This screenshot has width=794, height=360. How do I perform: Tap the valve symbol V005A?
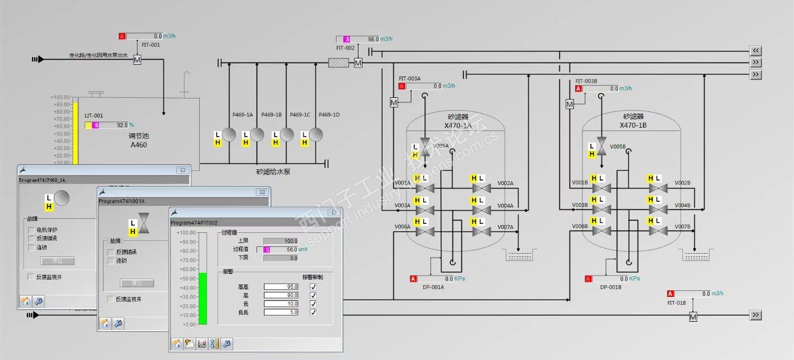pos(425,147)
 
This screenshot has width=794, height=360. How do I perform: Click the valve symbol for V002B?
pos(654,188)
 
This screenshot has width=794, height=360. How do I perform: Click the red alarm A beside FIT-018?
pos(670,294)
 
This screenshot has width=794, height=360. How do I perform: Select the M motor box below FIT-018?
pos(693,317)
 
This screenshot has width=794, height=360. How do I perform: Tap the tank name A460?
pos(138,145)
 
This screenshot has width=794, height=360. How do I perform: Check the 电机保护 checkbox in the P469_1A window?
pos(32,230)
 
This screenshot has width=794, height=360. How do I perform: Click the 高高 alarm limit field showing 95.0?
pos(281,287)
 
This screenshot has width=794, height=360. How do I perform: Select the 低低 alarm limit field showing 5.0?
pos(281,312)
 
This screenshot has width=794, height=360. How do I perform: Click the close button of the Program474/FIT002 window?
pos(334,213)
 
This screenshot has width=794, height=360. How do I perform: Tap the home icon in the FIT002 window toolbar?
pos(177,344)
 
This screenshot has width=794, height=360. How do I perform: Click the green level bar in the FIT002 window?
pos(203,299)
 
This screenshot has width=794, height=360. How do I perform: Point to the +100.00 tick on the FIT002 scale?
pos(186,232)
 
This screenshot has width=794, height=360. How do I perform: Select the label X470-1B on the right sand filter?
pos(633,125)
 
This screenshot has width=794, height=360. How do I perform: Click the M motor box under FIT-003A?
pos(394,102)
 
